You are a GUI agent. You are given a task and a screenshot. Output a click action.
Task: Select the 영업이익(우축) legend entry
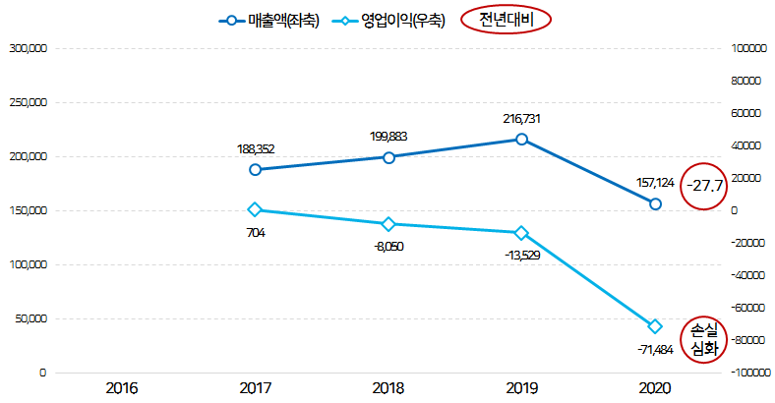pos(388,20)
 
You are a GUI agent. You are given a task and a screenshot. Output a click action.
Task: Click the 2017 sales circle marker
pos(256,170)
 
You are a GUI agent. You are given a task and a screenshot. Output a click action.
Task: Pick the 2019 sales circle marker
pos(521,140)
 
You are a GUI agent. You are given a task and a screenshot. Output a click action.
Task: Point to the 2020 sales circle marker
pos(655,203)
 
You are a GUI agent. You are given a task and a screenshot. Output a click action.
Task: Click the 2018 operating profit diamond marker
pos(388,224)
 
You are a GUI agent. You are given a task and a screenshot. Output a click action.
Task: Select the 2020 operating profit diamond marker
pos(655,326)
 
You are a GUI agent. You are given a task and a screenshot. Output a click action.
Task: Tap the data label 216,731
pos(521,119)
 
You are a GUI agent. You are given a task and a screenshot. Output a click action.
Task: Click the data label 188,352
pos(256,149)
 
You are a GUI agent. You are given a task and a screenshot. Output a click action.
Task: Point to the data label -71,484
pos(655,349)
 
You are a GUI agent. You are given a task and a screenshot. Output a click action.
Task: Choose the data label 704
pos(256,233)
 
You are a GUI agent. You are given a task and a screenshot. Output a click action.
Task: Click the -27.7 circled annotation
pos(705,185)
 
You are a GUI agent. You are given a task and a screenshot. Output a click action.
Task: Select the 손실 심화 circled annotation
pos(705,339)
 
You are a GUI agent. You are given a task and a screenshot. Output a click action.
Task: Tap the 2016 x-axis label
pos(122,389)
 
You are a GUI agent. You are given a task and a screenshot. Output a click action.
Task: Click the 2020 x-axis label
pos(654,389)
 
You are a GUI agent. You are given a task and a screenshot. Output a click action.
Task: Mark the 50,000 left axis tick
pos(30,319)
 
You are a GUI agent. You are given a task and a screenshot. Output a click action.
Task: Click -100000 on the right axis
pos(750,374)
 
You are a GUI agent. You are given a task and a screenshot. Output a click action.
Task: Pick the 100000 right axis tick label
pos(750,47)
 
